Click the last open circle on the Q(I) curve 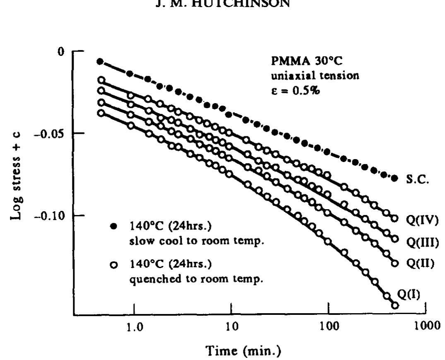[x=395, y=305]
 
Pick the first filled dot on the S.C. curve [x=100, y=61]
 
